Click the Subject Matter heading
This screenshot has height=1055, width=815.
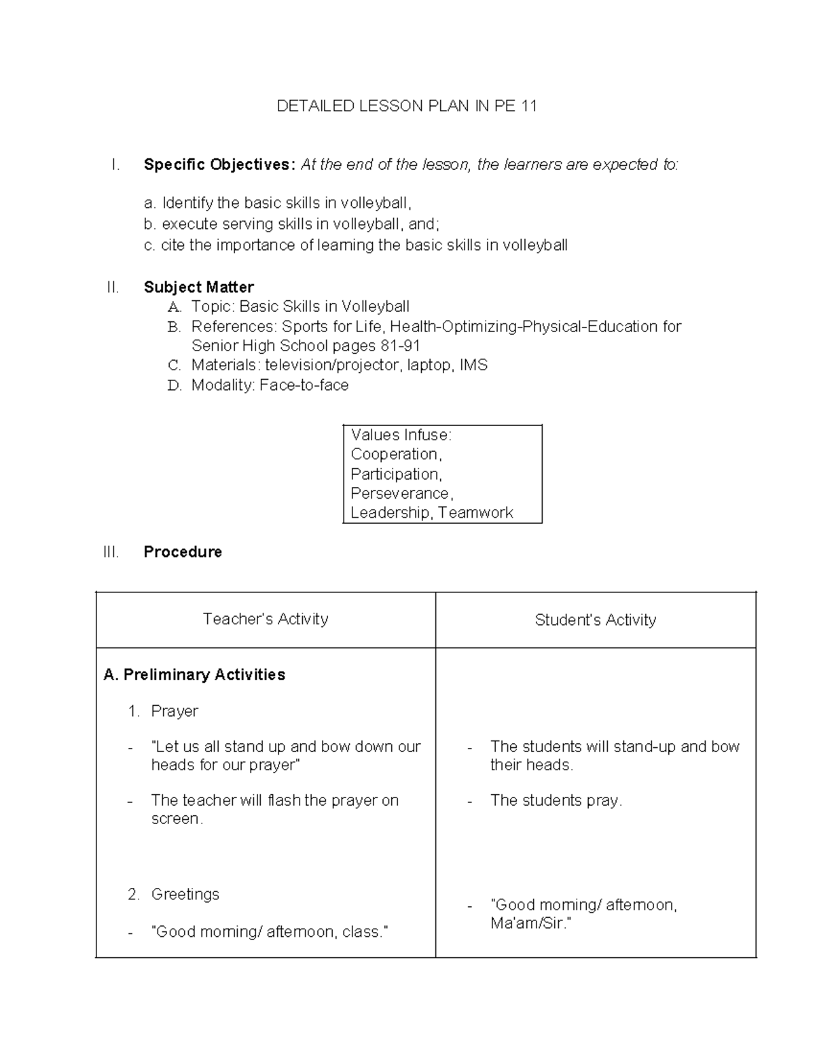(198, 287)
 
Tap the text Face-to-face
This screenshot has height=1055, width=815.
(304, 385)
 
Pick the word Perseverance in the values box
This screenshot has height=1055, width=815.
(401, 493)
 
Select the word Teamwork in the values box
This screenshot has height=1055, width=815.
(475, 513)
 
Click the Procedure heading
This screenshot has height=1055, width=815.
(183, 552)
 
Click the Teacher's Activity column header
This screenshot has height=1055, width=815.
(265, 619)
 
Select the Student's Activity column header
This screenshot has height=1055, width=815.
(595, 620)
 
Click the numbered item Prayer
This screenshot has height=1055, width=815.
(175, 711)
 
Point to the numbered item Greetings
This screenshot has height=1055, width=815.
(185, 894)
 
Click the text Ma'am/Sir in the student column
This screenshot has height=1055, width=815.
(530, 924)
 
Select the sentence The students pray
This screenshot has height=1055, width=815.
(556, 801)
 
